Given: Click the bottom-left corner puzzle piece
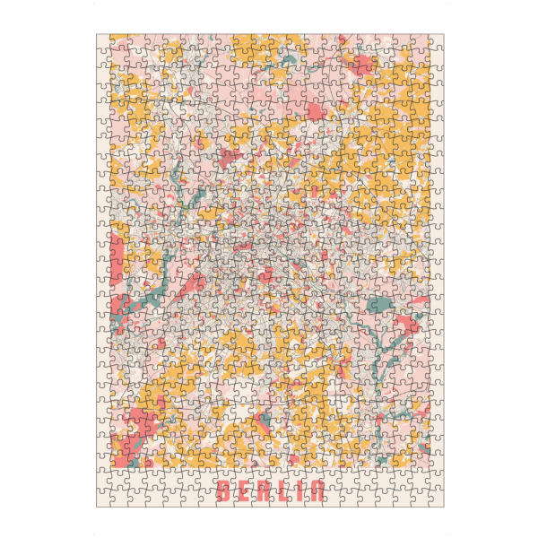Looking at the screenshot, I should tap(104, 499).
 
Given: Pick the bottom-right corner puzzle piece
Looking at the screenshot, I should tap(436, 499).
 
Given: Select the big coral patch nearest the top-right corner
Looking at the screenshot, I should tap(363, 64).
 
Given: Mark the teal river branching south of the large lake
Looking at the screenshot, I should tap(387, 345).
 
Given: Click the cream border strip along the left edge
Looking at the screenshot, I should tap(102, 269).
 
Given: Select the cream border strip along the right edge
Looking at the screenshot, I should tap(437, 269).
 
